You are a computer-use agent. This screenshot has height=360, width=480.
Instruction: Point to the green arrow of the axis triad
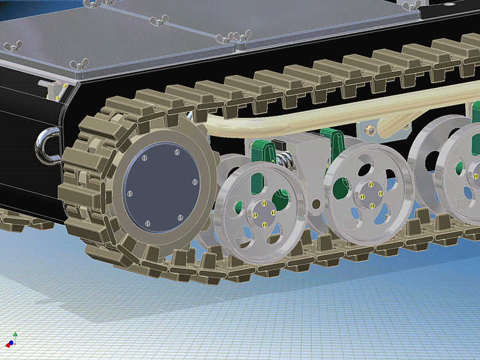click(15, 334)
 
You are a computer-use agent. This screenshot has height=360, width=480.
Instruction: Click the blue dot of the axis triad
click(11, 342)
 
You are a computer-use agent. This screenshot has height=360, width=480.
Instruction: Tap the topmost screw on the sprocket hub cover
click(177, 151)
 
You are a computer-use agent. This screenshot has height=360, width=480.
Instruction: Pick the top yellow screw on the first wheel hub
click(263, 204)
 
